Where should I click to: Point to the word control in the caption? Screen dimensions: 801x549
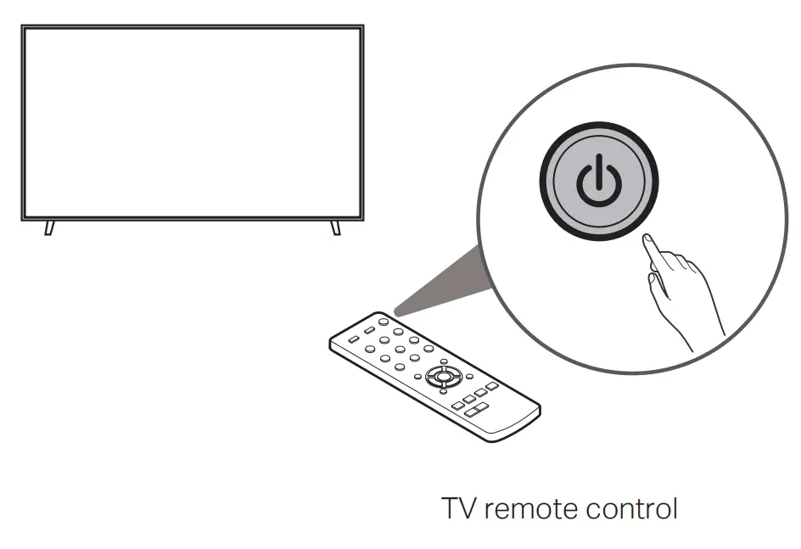[632, 509]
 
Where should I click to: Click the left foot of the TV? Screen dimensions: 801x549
[48, 227]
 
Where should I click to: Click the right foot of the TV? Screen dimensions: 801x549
[335, 227]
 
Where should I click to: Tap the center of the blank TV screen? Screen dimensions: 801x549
[193, 122]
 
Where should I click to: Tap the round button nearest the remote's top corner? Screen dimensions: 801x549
[384, 322]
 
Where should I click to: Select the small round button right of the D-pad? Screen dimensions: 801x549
[468, 376]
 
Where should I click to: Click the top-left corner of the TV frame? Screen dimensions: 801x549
[24, 27]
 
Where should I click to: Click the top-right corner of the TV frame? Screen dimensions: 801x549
[362, 27]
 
